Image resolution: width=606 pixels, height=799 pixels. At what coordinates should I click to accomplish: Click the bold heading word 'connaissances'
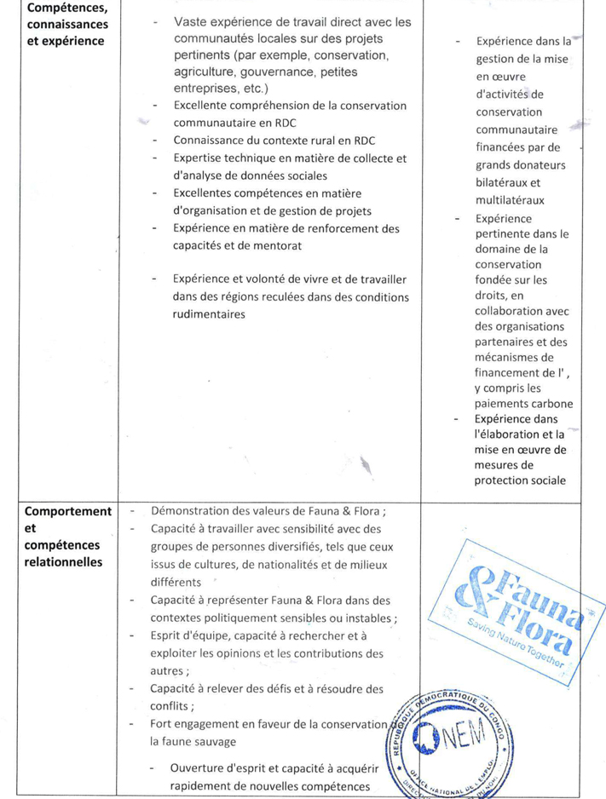coord(65,25)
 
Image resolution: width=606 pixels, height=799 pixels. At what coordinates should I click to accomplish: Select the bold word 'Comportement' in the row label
coord(68,511)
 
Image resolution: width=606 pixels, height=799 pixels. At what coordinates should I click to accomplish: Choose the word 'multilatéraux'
coord(511,200)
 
